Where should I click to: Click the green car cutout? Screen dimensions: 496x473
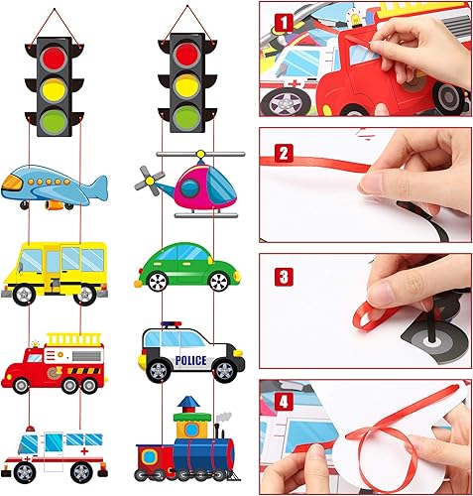(188, 266)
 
